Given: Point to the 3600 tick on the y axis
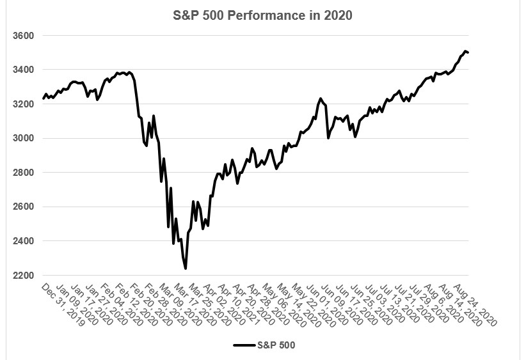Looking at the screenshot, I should tap(23, 35).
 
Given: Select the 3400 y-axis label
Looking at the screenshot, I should tap(23, 70).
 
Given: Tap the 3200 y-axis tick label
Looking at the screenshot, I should tap(23, 104).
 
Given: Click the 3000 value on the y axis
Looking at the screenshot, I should tap(23, 138).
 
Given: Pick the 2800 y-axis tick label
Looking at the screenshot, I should tap(23, 173).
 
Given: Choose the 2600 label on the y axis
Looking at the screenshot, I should tap(23, 207).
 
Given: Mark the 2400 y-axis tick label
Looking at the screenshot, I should tap(23, 241).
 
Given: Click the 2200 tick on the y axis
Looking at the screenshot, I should tap(23, 276).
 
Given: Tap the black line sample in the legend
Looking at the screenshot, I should tap(244, 345).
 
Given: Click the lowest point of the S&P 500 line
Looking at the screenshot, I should tap(185, 269).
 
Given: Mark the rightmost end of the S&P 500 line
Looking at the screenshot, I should tap(468, 52).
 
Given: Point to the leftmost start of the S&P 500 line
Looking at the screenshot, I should tap(43, 98).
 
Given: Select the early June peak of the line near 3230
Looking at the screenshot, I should tap(320, 98).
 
